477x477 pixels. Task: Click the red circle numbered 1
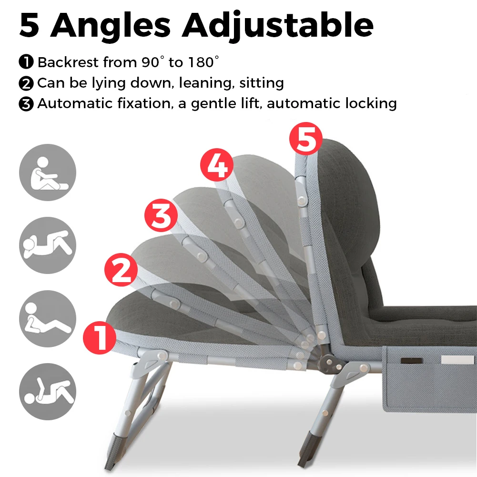[100, 337]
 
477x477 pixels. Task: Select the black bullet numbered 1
[26, 62]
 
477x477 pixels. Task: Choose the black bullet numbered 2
[26, 83]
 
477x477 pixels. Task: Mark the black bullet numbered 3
[26, 104]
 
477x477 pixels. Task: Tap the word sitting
[262, 83]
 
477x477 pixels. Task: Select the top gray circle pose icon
[48, 173]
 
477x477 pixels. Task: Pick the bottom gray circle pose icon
[48, 391]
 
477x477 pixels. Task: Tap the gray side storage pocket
[429, 379]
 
